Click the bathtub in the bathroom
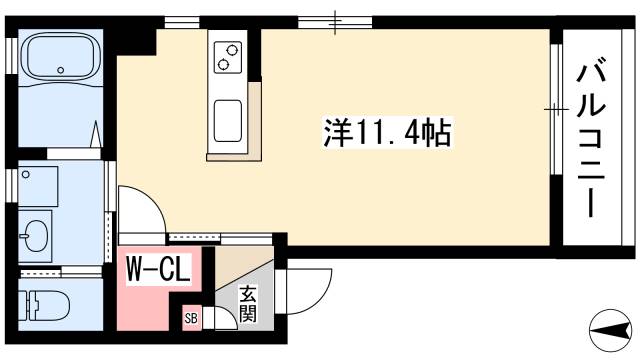(60, 62)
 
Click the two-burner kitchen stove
(226, 56)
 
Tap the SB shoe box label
(190, 318)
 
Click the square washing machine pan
(39, 186)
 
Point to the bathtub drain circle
(62, 71)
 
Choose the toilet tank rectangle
(26, 302)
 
